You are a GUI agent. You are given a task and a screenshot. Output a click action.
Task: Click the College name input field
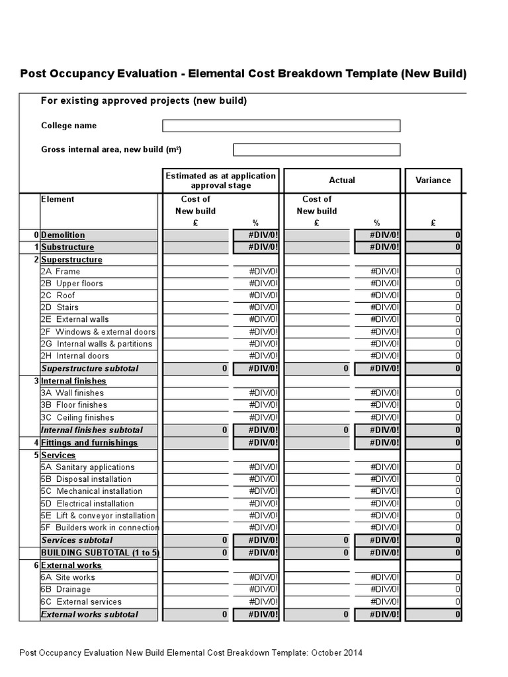[281, 126]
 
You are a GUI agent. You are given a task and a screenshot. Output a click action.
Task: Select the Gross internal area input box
[316, 149]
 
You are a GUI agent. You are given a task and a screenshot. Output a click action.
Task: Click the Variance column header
[433, 180]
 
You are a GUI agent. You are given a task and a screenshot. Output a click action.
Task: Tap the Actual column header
[341, 180]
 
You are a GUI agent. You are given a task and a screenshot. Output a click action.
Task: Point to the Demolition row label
[63, 235]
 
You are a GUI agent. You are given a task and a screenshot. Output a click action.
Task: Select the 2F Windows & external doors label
[98, 332]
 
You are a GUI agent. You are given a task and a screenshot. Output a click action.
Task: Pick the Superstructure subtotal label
[90, 368]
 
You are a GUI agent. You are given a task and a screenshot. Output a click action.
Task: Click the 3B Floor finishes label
[73, 405]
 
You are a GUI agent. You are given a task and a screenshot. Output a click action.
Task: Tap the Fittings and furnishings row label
[89, 442]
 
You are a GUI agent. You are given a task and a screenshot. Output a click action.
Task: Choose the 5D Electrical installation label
[87, 503]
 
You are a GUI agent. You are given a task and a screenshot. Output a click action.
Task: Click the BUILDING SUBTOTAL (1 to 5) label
[100, 552]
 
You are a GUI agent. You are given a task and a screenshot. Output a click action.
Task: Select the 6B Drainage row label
[65, 589]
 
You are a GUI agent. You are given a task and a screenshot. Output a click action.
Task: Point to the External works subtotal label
[89, 614]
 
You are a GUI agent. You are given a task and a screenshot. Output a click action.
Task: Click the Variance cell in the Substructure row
[433, 247]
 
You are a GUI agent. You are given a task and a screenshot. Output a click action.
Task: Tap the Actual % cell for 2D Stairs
[377, 307]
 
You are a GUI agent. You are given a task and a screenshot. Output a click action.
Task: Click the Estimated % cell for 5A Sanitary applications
[256, 467]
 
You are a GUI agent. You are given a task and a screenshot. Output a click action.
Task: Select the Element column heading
[58, 199]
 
